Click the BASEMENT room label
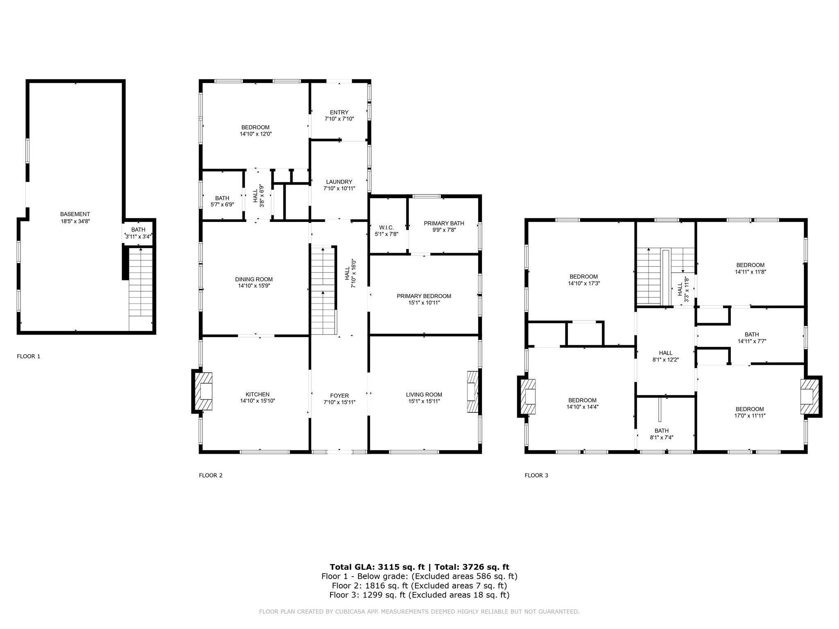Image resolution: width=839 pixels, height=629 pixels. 75,214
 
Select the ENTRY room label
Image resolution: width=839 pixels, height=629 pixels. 339,112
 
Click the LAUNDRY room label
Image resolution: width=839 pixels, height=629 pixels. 339,182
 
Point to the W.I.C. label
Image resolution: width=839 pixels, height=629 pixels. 387,227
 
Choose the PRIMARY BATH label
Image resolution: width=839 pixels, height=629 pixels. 444,223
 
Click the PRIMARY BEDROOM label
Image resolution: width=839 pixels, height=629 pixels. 424,296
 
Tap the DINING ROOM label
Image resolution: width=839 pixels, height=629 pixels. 254,279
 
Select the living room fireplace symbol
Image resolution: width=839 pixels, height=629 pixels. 473,391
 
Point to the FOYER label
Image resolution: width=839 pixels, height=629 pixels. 340,396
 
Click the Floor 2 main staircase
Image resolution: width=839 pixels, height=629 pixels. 324,290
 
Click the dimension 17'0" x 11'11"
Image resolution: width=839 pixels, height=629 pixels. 750,416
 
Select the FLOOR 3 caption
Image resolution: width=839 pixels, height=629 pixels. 536,475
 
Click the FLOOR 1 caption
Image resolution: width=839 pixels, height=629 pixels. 29,356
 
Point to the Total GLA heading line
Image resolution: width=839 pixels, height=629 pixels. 419,567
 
